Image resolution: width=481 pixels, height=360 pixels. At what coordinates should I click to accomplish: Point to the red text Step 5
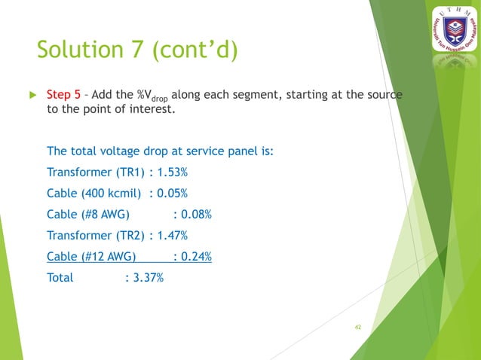click(x=64, y=95)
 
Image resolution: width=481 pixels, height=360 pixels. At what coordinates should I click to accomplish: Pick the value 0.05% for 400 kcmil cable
click(x=171, y=193)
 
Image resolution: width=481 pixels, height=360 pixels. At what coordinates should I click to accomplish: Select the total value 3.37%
click(x=146, y=277)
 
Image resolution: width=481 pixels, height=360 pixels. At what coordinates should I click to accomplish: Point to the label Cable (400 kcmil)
click(x=95, y=193)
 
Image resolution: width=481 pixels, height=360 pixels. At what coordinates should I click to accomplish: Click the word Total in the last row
click(x=60, y=277)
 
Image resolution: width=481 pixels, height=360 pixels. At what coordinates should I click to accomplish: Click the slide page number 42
click(x=358, y=327)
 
